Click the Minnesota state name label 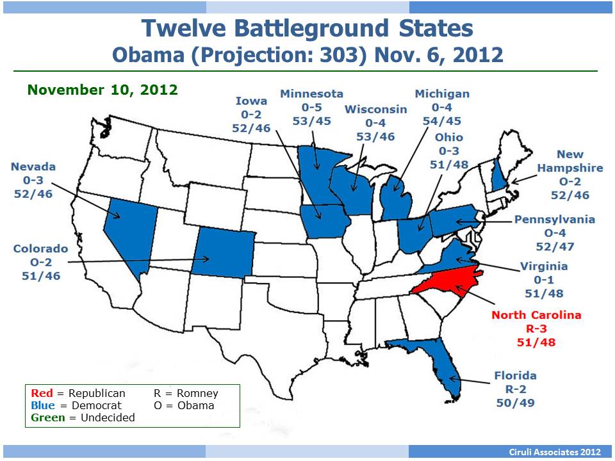click(311, 93)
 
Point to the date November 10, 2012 click(102, 90)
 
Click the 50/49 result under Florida click(516, 403)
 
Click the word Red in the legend click(41, 393)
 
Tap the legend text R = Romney click(186, 393)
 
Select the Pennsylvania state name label click(554, 220)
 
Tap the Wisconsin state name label click(375, 109)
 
